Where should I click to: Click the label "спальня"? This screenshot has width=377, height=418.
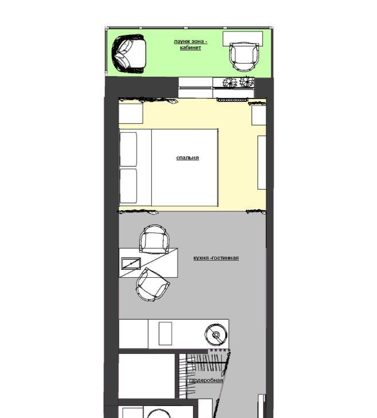pos(187,157)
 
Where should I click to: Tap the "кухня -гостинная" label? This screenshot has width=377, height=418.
pos(216,258)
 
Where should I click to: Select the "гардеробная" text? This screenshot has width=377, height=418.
pos(206,380)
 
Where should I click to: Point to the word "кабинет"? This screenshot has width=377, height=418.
pos(190,48)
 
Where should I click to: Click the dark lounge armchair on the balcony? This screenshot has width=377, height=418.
pos(129,54)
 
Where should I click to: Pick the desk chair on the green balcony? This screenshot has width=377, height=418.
pos(245,57)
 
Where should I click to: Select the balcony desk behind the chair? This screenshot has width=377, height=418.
pos(243,38)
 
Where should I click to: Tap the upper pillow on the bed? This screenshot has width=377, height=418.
pos(128,149)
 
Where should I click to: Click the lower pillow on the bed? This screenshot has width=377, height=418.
pos(128,186)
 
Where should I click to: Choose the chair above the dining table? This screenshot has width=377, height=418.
pos(154,239)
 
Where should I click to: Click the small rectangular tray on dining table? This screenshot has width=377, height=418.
pos(131,263)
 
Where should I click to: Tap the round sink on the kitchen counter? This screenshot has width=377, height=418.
pos(216,334)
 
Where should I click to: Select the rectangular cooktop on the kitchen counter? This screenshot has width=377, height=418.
pos(166,333)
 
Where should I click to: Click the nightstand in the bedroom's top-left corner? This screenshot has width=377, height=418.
pos(131,113)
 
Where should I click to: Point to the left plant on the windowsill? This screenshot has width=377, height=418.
pos(230,82)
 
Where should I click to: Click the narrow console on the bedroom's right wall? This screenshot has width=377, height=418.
pos(262,163)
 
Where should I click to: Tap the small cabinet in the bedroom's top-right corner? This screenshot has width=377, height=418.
pos(259,115)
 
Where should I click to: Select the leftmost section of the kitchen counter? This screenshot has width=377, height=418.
pos(133,333)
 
